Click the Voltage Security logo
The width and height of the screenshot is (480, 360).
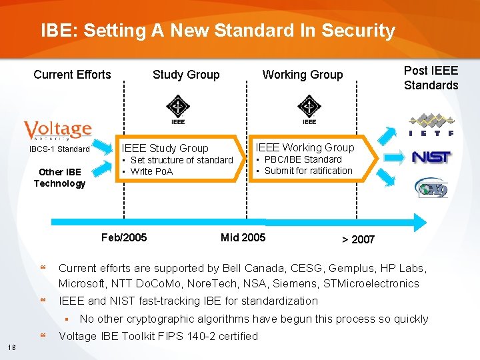point(57,130)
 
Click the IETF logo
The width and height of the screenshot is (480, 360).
point(431,125)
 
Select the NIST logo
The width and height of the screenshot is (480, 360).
point(431,157)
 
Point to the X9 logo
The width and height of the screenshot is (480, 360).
point(431,188)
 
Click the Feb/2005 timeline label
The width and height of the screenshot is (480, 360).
point(124,237)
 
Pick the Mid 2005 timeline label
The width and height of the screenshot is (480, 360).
point(243,237)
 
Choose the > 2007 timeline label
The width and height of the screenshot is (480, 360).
point(358,239)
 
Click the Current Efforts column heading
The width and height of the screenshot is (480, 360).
point(72,74)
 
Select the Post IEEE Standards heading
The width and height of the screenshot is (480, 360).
point(431,77)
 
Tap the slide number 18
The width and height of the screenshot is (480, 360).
point(13,347)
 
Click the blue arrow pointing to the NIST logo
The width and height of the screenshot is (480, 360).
point(395,157)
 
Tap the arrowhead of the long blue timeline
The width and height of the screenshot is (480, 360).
point(419,222)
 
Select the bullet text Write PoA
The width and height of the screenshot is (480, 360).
point(151,171)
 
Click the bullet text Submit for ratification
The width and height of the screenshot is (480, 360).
point(308,171)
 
